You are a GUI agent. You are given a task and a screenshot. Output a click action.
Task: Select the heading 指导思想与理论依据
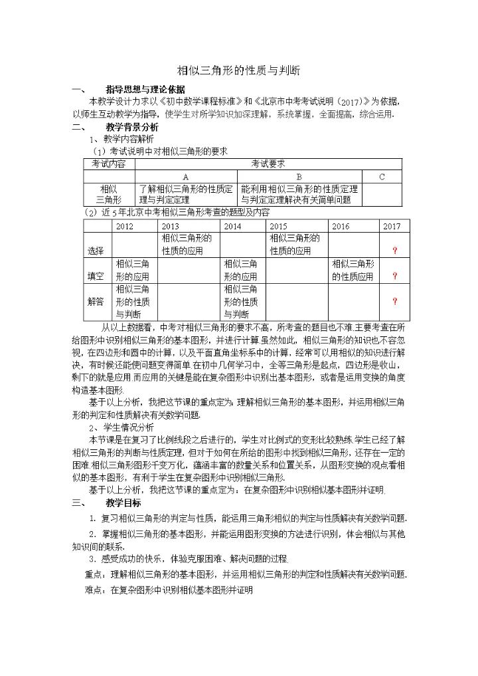(145, 89)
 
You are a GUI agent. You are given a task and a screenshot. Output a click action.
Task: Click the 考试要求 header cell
(268, 164)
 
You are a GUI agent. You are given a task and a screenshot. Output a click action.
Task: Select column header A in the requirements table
(186, 177)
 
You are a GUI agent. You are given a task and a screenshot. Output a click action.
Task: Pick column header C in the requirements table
(382, 177)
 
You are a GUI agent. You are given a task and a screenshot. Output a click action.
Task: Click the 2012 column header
(125, 226)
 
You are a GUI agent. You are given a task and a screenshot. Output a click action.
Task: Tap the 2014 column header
(232, 226)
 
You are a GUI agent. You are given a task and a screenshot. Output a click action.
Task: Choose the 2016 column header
(340, 226)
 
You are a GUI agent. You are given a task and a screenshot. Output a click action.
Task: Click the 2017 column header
(392, 226)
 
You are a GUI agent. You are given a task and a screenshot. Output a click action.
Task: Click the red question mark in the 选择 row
(395, 251)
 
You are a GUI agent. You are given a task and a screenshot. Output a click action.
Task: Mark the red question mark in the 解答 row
(395, 301)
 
